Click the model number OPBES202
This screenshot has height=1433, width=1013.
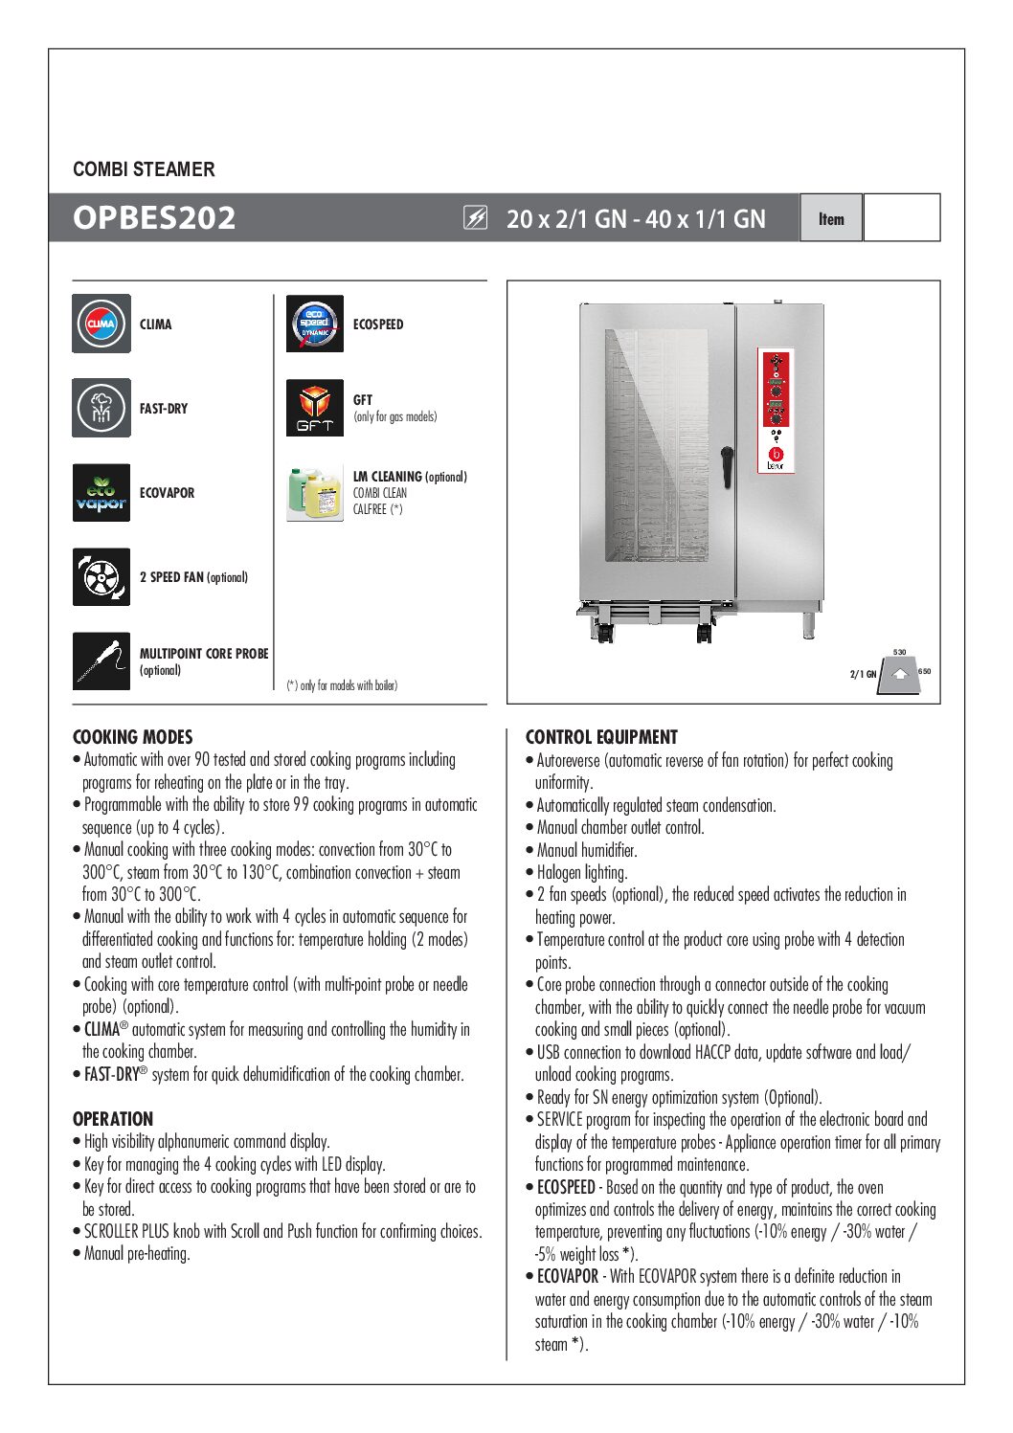click(154, 218)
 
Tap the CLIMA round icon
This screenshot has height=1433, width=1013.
click(101, 324)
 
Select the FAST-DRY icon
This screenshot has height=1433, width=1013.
click(101, 408)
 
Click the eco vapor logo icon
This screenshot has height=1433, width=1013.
click(101, 492)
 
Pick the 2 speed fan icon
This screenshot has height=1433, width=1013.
click(101, 576)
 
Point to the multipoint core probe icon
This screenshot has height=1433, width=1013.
click(101, 661)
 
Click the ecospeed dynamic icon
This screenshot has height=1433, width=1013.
click(314, 324)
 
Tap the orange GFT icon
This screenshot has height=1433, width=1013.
click(314, 408)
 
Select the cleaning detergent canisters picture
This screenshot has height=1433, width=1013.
click(314, 493)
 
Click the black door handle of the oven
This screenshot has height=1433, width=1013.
click(727, 465)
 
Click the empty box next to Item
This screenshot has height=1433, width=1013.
click(901, 218)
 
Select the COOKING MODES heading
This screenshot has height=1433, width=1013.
click(133, 737)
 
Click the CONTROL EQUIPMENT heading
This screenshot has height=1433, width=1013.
click(601, 737)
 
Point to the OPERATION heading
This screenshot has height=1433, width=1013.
click(113, 1119)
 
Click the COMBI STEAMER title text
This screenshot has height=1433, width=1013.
click(144, 169)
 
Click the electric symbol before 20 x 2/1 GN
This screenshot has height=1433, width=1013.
click(475, 218)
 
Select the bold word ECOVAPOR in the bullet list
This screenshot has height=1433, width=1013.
click(568, 1276)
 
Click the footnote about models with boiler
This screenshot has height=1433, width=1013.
click(342, 685)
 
